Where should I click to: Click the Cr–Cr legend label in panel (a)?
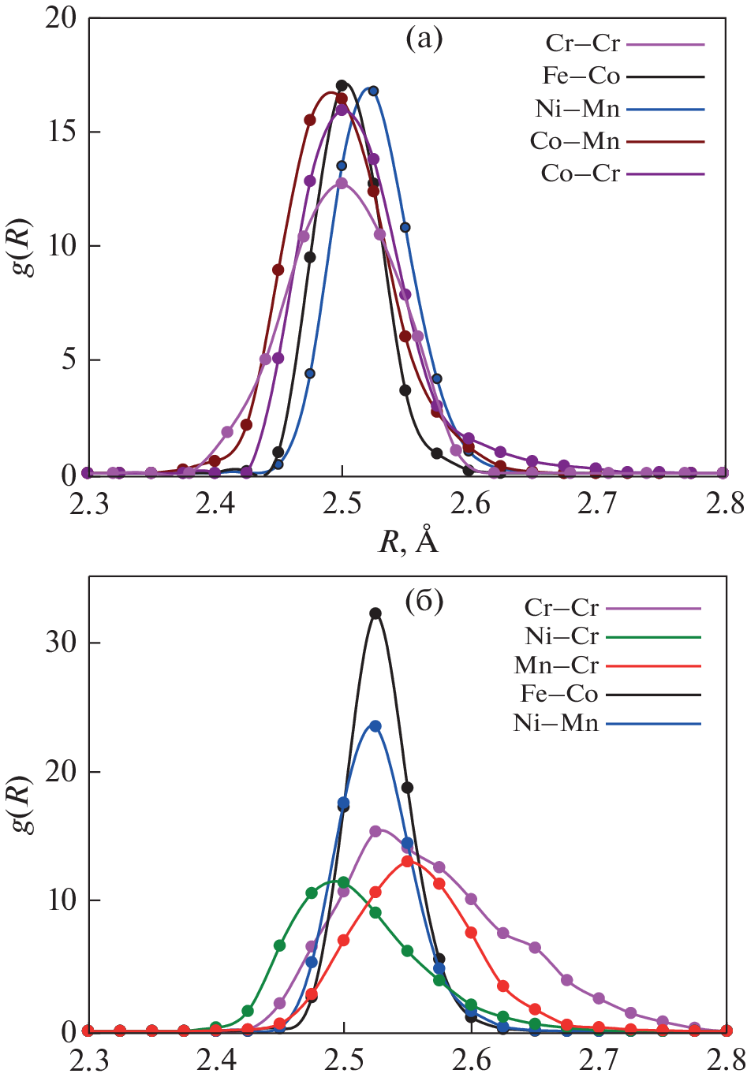click(x=583, y=43)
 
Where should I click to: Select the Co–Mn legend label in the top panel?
click(x=575, y=142)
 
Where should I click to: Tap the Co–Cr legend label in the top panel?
click(x=581, y=173)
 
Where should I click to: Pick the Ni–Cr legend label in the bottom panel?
click(x=562, y=636)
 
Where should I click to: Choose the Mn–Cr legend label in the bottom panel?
click(x=556, y=665)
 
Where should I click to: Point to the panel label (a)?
click(x=424, y=38)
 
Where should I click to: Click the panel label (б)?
click(x=424, y=602)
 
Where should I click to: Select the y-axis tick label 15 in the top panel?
click(x=61, y=132)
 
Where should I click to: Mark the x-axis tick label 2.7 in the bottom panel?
click(x=599, y=1060)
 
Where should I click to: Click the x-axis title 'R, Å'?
click(x=409, y=541)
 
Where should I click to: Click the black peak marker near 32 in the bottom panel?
click(x=375, y=613)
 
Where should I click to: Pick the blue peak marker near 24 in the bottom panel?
click(x=375, y=726)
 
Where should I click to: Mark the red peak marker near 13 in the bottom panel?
click(x=407, y=861)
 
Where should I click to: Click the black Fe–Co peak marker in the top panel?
click(x=342, y=85)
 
